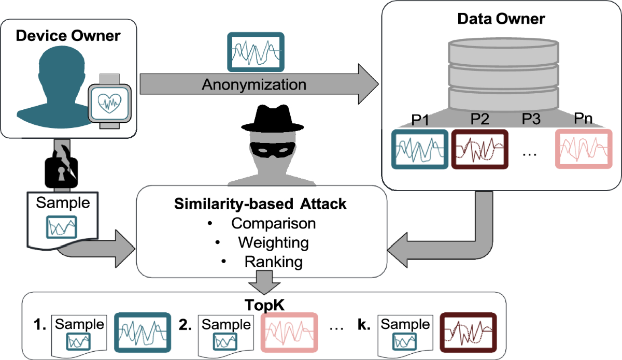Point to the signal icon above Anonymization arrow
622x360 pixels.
tap(256, 52)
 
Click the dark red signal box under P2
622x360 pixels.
tap(480, 148)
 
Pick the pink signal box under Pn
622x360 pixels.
tap(583, 148)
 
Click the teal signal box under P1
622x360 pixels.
tap(419, 148)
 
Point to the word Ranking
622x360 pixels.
tap(273, 262)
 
